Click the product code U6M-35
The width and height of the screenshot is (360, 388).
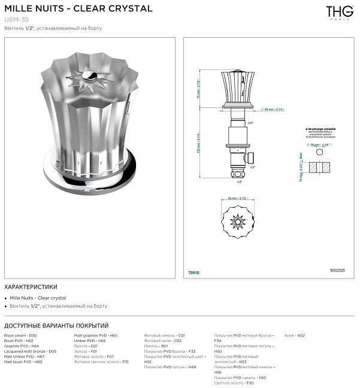coord(16,20)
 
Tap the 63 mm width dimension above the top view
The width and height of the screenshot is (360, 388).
coord(237,198)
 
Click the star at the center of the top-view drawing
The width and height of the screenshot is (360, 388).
coord(237,223)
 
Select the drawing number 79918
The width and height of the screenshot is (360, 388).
coord(194,272)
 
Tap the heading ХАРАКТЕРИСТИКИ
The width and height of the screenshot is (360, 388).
coord(31,287)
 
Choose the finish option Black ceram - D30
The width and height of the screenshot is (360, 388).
coord(20,335)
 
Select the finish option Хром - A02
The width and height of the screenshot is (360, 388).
coord(295,335)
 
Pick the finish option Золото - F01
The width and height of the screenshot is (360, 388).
coord(85,351)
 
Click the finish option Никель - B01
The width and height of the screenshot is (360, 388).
coord(156,346)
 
